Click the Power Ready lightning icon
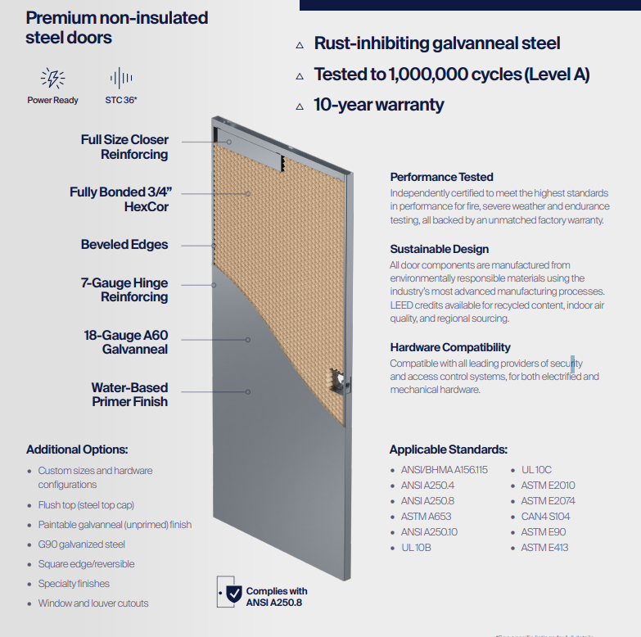click(52, 79)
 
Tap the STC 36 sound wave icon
click(121, 79)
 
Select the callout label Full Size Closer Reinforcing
click(124, 147)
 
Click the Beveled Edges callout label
click(124, 245)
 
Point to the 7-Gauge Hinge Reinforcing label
click(124, 290)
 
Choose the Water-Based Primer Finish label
click(129, 395)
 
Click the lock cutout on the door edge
click(339, 379)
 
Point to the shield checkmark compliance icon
click(234, 593)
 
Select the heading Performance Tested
click(441, 177)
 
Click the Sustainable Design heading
click(439, 249)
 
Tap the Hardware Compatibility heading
click(450, 347)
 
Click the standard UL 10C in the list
click(536, 470)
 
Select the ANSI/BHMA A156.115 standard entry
click(444, 470)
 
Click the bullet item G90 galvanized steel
click(81, 544)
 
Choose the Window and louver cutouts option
click(93, 603)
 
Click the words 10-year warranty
click(379, 105)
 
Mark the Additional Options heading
click(77, 450)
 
